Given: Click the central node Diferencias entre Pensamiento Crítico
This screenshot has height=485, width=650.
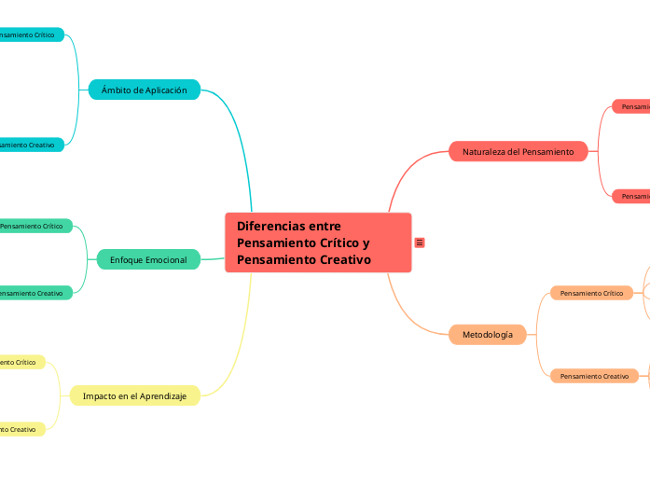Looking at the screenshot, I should (317, 242).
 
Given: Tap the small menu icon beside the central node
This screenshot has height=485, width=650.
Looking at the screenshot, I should (420, 242).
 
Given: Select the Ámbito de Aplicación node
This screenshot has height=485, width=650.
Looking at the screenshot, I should (145, 90).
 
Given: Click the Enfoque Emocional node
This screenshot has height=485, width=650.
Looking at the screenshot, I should (148, 259).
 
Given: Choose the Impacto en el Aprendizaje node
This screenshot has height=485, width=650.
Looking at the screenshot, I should (134, 396).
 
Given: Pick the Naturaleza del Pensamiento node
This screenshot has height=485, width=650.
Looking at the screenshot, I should (518, 151).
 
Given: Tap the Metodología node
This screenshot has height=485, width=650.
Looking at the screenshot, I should (488, 334).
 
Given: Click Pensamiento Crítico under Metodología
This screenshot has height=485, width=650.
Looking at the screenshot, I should (591, 293).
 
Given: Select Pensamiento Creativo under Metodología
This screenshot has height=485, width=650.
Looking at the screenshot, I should (594, 376).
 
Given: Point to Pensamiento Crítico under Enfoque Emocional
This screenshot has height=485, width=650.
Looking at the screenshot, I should (34, 226).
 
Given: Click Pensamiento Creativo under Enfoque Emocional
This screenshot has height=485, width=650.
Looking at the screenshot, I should (34, 293).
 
